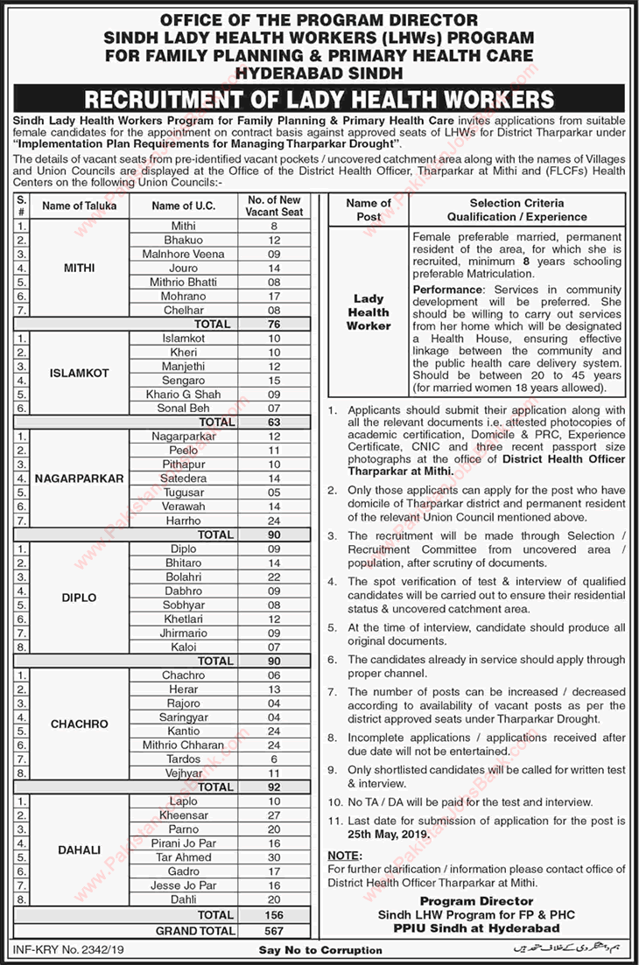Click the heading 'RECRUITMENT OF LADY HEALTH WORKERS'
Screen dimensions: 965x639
(319, 96)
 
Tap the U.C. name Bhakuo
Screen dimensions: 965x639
(183, 240)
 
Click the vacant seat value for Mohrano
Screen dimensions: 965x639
(273, 296)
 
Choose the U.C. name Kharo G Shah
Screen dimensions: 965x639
(183, 394)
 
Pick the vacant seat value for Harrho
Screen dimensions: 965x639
(273, 520)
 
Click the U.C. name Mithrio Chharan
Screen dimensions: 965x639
(183, 745)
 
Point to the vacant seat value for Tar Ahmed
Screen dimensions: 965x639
(273, 857)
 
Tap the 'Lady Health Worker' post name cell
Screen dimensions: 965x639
(369, 311)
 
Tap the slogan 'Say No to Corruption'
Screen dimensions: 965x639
(320, 949)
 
